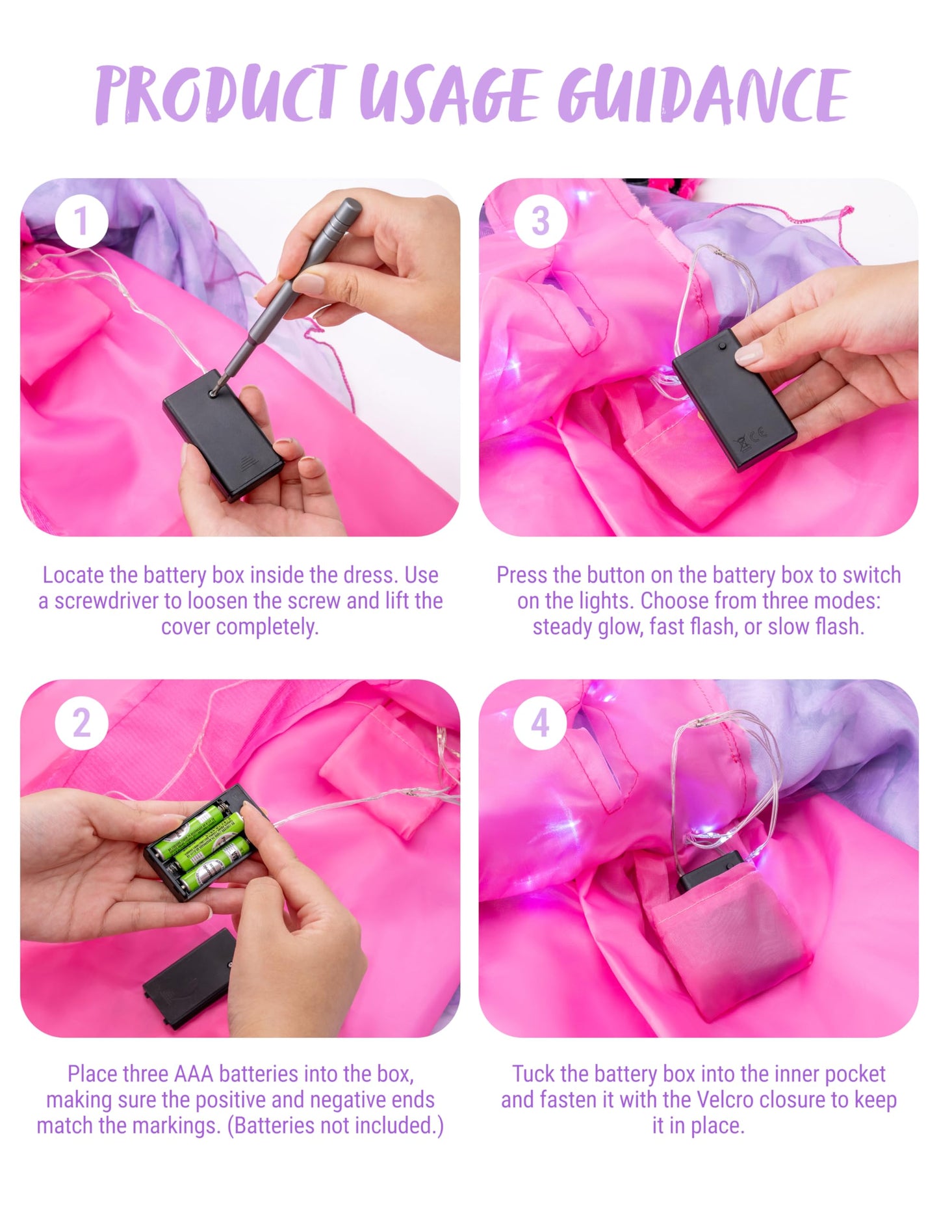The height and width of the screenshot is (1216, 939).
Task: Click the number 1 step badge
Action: pyautogui.click(x=81, y=221)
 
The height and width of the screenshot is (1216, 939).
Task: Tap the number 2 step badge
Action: pyautogui.click(x=81, y=722)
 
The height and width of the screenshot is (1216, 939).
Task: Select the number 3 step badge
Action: pyautogui.click(x=540, y=221)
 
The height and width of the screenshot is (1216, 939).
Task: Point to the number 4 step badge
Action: pyautogui.click(x=540, y=722)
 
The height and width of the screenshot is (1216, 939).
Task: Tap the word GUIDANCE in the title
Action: pyautogui.click(x=704, y=94)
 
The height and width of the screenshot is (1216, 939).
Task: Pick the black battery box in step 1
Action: pyautogui.click(x=222, y=434)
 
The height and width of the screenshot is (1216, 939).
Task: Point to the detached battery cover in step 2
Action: pyautogui.click(x=189, y=979)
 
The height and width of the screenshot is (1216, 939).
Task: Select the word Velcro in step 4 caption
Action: pyautogui.click(x=725, y=1100)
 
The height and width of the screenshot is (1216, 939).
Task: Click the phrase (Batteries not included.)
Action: pyautogui.click(x=335, y=1126)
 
